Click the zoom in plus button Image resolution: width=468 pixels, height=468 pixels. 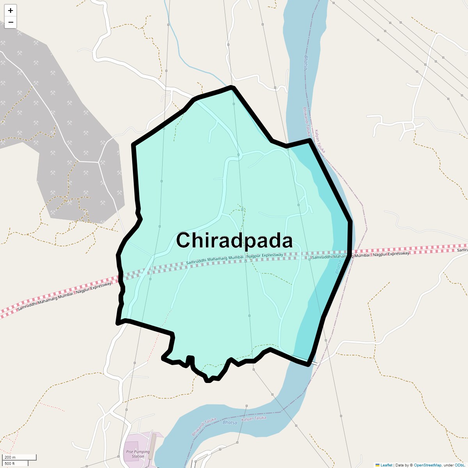tap(11, 11)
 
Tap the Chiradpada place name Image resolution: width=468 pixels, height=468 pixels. tap(234, 240)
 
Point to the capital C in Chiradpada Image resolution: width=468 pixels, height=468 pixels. tap(184, 240)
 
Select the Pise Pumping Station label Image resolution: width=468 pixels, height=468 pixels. tap(138, 454)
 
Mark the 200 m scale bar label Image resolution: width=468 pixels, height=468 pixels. tap(10, 457)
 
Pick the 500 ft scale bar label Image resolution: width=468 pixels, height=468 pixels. tap(10, 463)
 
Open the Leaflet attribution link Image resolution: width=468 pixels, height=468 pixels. tap(386, 465)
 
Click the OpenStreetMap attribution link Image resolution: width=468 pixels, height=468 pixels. tap(427, 465)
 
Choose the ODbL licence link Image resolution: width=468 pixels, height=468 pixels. tap(459, 465)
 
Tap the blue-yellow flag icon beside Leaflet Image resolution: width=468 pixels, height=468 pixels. tap(378, 465)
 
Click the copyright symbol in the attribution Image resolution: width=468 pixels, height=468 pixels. tap(411, 465)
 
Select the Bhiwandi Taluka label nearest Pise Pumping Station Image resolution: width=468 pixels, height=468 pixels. tap(204, 427)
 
